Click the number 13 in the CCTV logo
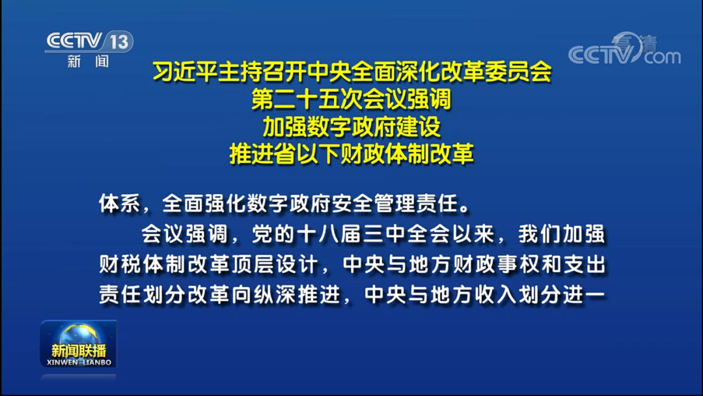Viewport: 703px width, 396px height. point(118,42)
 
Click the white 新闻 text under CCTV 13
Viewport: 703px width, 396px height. point(88,62)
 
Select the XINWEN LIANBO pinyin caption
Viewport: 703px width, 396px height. point(78,362)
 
